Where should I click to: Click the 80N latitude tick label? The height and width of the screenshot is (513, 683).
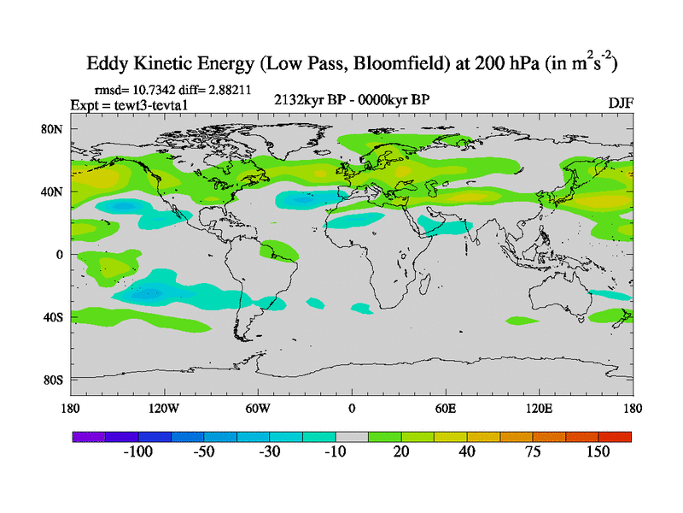point(54,129)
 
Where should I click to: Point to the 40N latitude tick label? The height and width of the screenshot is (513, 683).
point(54,192)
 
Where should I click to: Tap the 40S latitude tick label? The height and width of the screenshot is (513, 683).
point(54,317)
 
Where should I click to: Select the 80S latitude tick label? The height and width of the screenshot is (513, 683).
point(54,380)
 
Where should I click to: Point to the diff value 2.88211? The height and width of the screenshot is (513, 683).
point(225,89)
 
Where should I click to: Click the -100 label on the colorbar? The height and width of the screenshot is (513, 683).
point(138,451)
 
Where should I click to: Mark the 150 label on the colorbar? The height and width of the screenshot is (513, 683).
point(598,451)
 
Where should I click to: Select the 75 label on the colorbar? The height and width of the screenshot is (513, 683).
point(533,451)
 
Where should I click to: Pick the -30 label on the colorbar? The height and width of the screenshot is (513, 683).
point(270,451)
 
